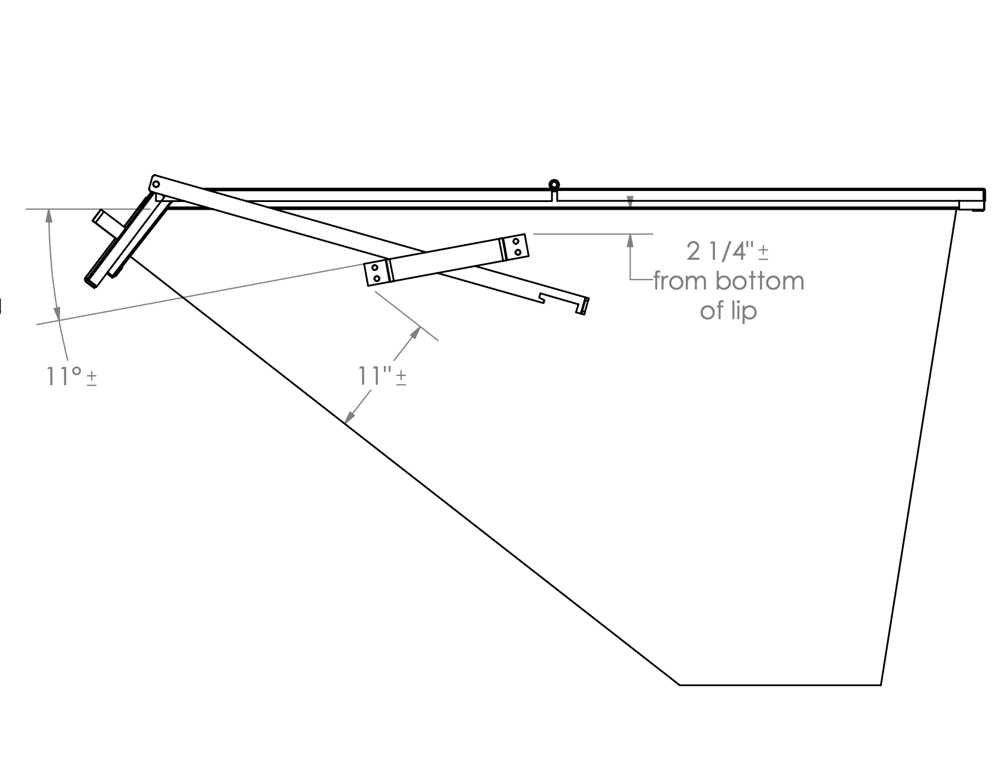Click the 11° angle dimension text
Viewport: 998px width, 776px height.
pos(63,376)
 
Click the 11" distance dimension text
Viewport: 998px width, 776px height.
pos(375,376)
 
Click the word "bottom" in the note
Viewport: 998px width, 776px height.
pos(760,281)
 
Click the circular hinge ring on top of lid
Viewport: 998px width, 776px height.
pos(554,184)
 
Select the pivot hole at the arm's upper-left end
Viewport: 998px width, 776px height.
pos(156,183)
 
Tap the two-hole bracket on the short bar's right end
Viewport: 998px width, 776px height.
pos(516,246)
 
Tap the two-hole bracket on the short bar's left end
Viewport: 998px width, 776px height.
pos(377,273)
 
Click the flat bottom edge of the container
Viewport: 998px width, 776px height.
pos(780,685)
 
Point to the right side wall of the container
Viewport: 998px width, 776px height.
pos(919,446)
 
